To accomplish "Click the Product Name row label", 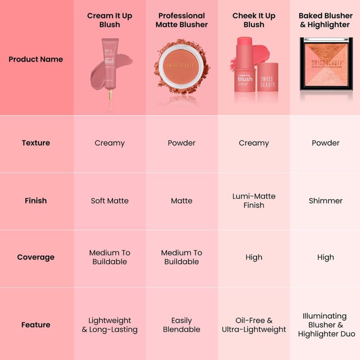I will [x=36, y=59].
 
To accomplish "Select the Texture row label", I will [x=36, y=143].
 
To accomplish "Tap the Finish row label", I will [x=36, y=201].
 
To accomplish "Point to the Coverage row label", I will [x=36, y=257].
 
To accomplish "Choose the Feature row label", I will [x=36, y=325].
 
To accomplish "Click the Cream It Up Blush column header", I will [x=110, y=20].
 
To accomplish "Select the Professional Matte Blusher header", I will [x=182, y=20].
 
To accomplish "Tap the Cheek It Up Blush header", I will [x=254, y=20].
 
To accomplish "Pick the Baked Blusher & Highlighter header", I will [x=326, y=20].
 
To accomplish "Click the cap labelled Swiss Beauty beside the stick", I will [x=268, y=78].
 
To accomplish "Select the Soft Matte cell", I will [x=110, y=201].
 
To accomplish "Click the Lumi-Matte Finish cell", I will [x=254, y=201].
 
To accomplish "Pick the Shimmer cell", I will [x=326, y=201].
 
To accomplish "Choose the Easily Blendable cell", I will [x=182, y=325].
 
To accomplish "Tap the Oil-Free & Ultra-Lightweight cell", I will [x=254, y=325].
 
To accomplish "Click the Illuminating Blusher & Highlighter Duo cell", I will [x=326, y=325].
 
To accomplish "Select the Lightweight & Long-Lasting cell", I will [x=110, y=325].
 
